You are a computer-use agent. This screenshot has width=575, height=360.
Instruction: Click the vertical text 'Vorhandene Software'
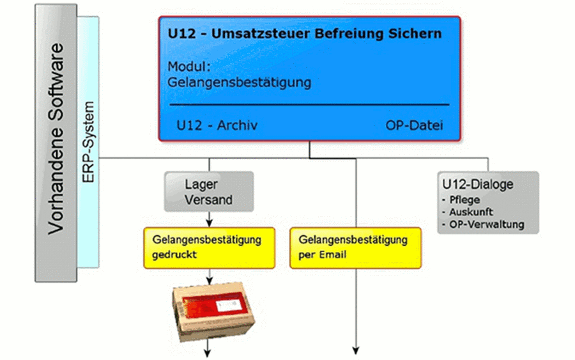click(x=56, y=139)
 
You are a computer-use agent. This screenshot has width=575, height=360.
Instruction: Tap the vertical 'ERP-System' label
click(x=88, y=142)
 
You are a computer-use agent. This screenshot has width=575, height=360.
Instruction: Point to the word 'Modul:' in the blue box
click(x=189, y=67)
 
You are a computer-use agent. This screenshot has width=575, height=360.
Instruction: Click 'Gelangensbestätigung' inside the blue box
click(x=239, y=82)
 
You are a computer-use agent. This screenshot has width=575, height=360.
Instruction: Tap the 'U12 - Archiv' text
click(x=217, y=125)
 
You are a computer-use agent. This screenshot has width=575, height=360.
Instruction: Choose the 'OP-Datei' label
click(x=414, y=125)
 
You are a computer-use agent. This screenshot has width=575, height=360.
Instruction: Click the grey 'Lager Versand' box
click(x=209, y=192)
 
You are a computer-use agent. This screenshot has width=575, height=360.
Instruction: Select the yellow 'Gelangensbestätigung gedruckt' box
click(x=210, y=247)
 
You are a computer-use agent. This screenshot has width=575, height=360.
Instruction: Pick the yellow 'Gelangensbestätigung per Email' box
click(x=355, y=247)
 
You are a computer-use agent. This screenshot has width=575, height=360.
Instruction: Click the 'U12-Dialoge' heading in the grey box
click(x=477, y=184)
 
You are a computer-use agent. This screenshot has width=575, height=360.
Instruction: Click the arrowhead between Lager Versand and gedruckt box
click(x=209, y=223)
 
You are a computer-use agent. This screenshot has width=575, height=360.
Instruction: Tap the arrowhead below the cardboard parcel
click(x=208, y=354)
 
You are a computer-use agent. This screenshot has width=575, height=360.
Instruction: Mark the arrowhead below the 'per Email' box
click(x=355, y=350)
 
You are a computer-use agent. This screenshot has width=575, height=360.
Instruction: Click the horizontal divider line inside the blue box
click(x=309, y=105)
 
